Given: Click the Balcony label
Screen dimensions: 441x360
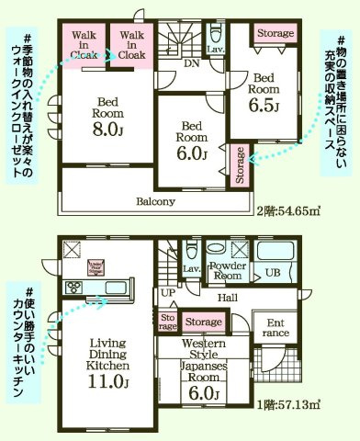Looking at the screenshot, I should click(156, 201).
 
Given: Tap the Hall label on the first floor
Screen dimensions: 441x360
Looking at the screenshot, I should click(229, 299).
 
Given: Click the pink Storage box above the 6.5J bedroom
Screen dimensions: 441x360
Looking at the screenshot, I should click(275, 34).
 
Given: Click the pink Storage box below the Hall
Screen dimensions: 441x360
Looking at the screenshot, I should click(203, 322).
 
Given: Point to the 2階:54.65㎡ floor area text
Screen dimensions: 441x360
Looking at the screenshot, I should click(288, 210).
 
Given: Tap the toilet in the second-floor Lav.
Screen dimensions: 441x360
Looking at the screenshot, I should click(216, 36).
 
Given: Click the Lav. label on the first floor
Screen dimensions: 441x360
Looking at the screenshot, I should click(191, 269).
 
